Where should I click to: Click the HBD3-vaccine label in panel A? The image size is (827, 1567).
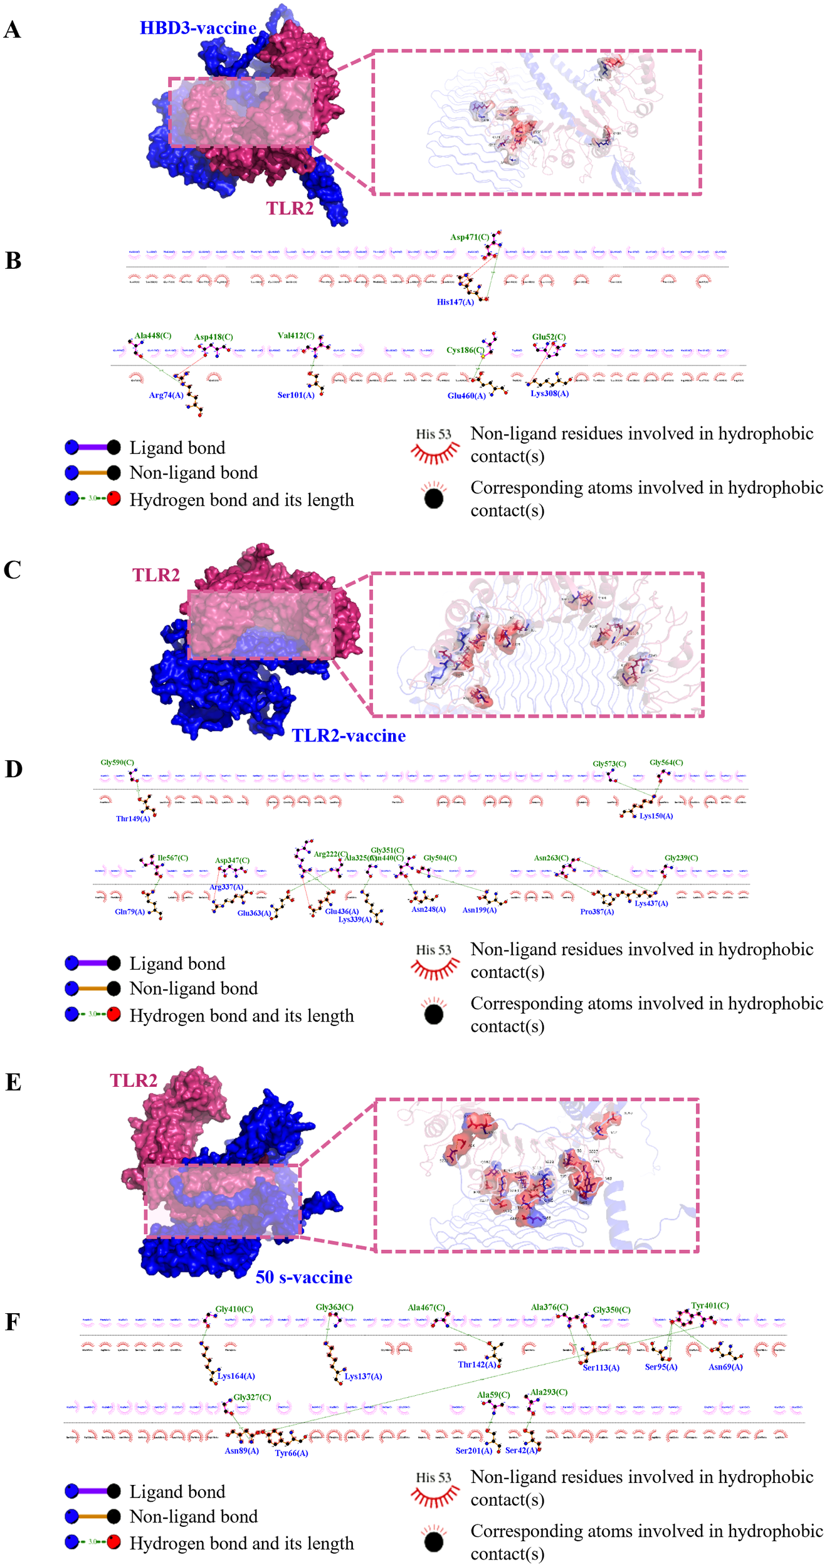(198, 28)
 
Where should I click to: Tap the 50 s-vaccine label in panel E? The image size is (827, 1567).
(303, 1277)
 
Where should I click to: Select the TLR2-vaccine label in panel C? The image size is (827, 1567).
(349, 735)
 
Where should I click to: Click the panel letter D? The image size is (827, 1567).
(14, 769)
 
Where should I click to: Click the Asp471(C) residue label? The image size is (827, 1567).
(469, 237)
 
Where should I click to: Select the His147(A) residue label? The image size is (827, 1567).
(455, 302)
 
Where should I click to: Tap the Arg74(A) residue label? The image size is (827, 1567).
(166, 395)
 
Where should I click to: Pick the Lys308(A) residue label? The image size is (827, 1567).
(549, 394)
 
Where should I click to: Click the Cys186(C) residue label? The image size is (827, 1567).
(465, 350)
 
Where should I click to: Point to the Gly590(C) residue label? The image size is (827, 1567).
(117, 762)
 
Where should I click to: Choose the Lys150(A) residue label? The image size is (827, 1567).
(656, 816)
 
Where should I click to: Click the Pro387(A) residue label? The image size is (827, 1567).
(597, 911)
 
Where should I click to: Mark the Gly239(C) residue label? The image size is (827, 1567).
(681, 857)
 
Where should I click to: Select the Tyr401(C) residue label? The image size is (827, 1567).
(710, 1306)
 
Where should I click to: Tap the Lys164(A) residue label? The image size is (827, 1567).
(236, 1376)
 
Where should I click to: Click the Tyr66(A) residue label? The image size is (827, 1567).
(292, 1453)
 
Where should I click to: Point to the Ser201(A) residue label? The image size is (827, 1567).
(473, 1450)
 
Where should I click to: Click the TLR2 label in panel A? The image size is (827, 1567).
(290, 208)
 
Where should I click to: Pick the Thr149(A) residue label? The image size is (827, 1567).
(133, 819)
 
